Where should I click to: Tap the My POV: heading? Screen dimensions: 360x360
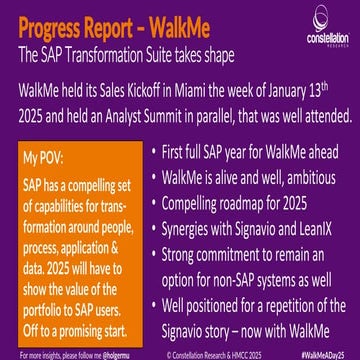pyautogui.click(x=38, y=159)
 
